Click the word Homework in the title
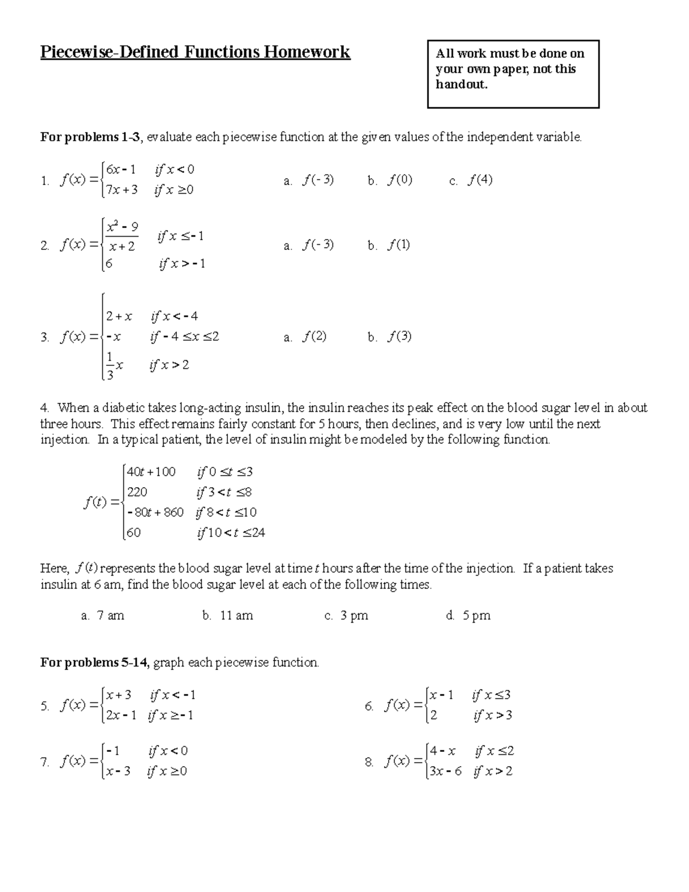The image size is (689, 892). tap(307, 52)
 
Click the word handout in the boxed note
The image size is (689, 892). tap(461, 84)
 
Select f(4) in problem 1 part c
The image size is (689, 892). tap(480, 180)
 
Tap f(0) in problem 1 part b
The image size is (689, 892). tap(400, 180)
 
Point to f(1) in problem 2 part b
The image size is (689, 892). tap(398, 245)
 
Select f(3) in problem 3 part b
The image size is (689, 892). tap(400, 337)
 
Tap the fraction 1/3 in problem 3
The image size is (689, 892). tap(110, 366)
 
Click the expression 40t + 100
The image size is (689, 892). tap(151, 472)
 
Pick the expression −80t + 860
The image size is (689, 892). tap(155, 512)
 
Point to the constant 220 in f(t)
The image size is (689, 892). tap(137, 492)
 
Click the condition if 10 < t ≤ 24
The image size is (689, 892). tap(231, 533)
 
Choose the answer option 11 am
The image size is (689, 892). tap(237, 616)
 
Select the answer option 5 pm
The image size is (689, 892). tap(477, 616)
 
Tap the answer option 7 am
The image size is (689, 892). tap(110, 616)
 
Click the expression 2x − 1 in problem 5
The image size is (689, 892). tap(121, 716)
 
